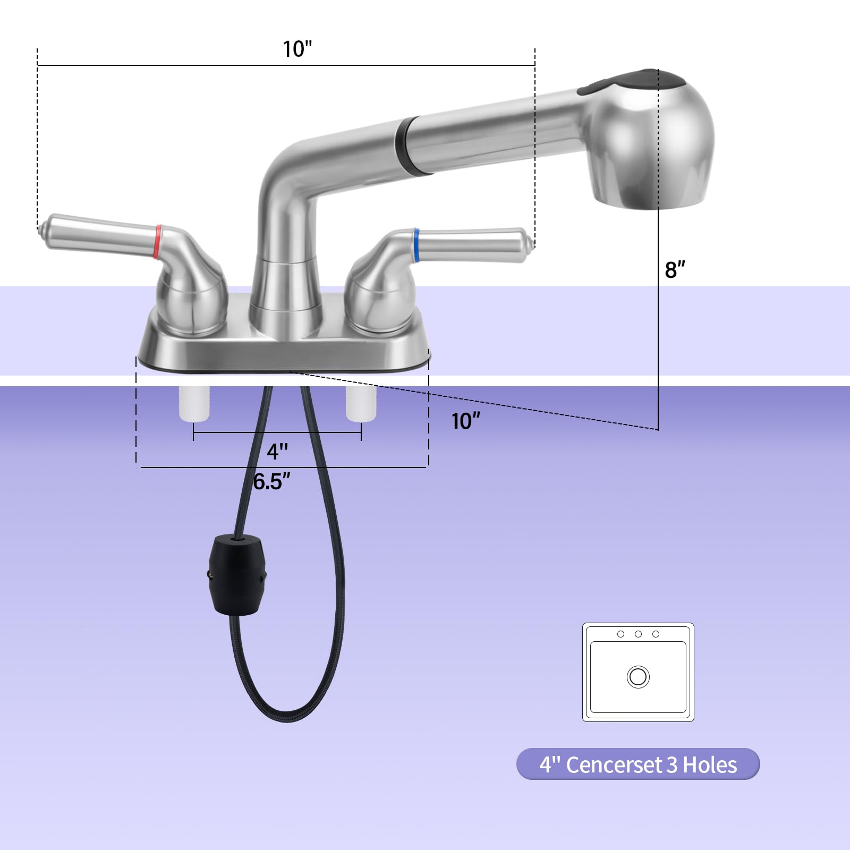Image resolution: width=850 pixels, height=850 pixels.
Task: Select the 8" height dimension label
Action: coord(675,269)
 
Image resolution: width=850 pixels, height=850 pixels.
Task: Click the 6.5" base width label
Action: coord(271,482)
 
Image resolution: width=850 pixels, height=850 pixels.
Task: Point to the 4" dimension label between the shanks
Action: coord(277,452)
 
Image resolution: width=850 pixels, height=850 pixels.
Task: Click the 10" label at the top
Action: coord(297,49)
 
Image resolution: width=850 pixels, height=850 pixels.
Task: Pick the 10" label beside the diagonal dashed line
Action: coord(466,421)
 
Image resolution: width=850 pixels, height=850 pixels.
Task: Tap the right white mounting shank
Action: coord(361,404)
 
